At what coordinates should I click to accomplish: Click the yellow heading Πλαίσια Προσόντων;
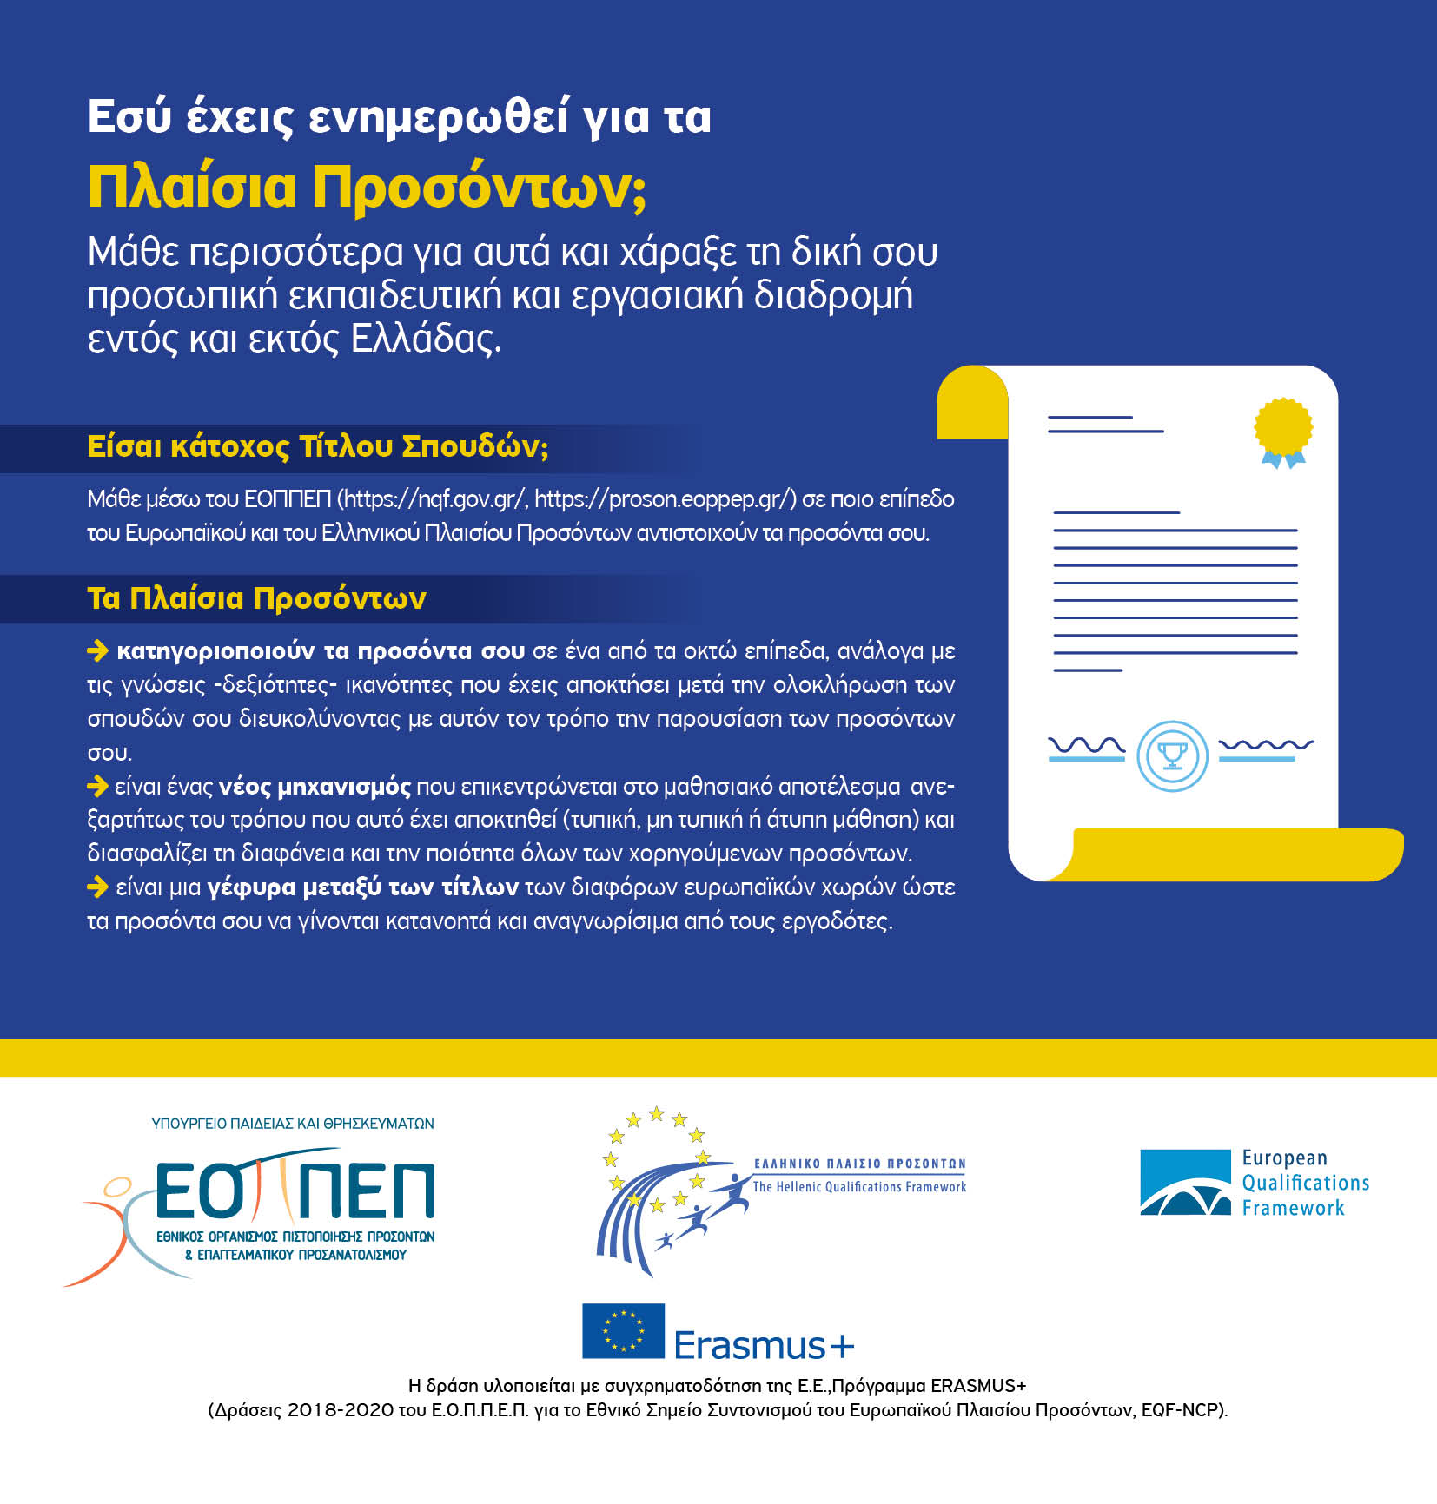(x=367, y=188)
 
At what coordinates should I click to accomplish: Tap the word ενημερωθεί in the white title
(x=439, y=116)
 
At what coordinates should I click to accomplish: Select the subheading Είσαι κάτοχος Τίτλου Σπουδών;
(x=318, y=446)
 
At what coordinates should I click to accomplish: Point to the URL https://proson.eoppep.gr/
(x=665, y=499)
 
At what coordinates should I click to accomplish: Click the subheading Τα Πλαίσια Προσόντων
(x=256, y=598)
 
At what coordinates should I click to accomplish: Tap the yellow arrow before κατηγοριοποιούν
(x=97, y=650)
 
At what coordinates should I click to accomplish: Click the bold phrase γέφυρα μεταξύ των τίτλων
(x=362, y=887)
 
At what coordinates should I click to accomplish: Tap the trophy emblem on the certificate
(x=1172, y=755)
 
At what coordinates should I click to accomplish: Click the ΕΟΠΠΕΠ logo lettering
(x=295, y=1191)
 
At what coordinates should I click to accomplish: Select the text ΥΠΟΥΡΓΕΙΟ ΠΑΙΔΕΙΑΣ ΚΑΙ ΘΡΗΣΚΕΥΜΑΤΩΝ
(x=293, y=1124)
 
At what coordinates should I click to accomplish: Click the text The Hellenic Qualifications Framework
(x=859, y=1187)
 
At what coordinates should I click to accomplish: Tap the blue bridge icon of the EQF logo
(x=1185, y=1182)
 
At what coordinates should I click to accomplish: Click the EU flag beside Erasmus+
(x=623, y=1330)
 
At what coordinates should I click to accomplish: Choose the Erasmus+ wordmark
(x=764, y=1345)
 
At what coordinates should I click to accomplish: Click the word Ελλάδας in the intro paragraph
(x=426, y=339)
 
